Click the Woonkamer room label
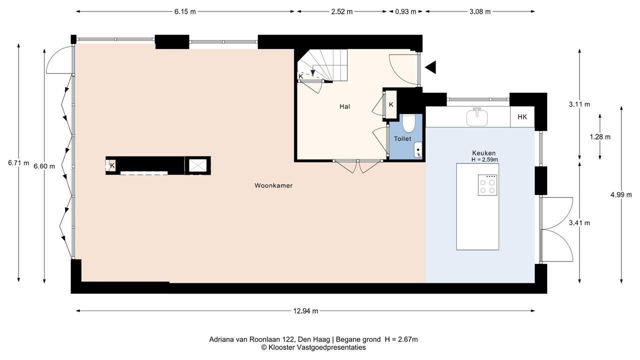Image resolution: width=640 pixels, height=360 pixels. pyautogui.click(x=273, y=185)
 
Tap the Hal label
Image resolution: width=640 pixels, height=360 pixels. pyautogui.click(x=344, y=106)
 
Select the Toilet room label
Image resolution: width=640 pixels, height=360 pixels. pyautogui.click(x=402, y=139)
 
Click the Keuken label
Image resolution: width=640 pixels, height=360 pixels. pyautogui.click(x=483, y=153)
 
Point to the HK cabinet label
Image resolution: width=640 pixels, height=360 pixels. pyautogui.click(x=522, y=117)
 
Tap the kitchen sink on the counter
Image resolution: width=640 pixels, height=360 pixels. pyautogui.click(x=477, y=116)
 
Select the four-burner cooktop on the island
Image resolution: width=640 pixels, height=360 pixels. pyautogui.click(x=487, y=185)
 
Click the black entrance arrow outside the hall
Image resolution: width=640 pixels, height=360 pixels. pyautogui.click(x=430, y=67)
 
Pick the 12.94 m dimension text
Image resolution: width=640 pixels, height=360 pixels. pyautogui.click(x=305, y=311)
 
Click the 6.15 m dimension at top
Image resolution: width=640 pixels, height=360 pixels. pyautogui.click(x=185, y=11)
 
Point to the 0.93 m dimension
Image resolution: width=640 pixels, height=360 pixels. pyautogui.click(x=405, y=11)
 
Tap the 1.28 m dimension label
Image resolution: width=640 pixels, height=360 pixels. pyautogui.click(x=600, y=137)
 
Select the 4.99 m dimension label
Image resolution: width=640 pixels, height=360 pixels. pyautogui.click(x=621, y=195)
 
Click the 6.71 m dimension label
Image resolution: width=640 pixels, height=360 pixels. pyautogui.click(x=18, y=163)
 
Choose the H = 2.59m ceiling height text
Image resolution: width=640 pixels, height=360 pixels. pyautogui.click(x=484, y=159)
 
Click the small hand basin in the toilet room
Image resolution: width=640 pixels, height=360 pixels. pyautogui.click(x=418, y=150)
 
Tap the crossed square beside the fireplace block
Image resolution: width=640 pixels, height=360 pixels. pyautogui.click(x=197, y=165)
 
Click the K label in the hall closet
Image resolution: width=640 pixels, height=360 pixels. pyautogui.click(x=391, y=104)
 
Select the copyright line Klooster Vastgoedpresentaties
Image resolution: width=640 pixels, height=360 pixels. pyautogui.click(x=313, y=347)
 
